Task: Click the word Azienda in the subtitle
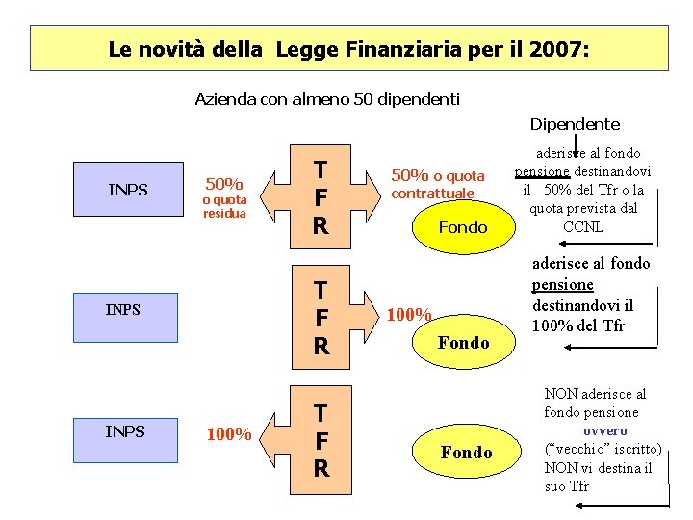[223, 99]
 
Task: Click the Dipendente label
[575, 124]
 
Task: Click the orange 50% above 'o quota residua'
[224, 183]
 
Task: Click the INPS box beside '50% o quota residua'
[128, 190]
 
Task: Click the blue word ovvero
[604, 430]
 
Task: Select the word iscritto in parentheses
[631, 449]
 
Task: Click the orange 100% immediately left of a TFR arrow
[230, 435]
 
